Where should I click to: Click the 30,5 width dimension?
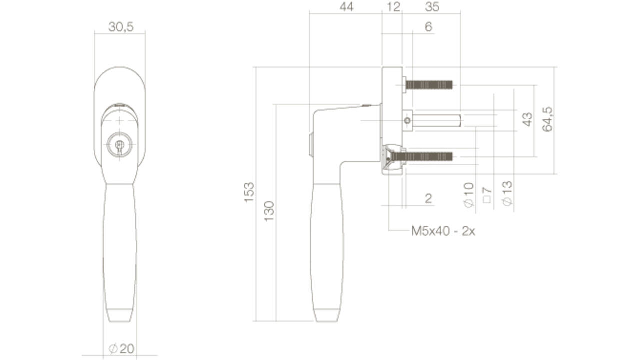[x=121, y=27]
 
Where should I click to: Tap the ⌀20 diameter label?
[x=121, y=349]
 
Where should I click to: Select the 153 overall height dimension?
[x=249, y=192]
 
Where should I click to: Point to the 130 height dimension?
[x=269, y=211]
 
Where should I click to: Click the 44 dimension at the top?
[x=346, y=7]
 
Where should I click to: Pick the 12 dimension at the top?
[x=393, y=7]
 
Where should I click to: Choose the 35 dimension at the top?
[x=432, y=7]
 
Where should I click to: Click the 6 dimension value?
[x=429, y=27]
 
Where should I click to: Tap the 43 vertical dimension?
[x=527, y=119]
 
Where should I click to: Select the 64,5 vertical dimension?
[x=547, y=119]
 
